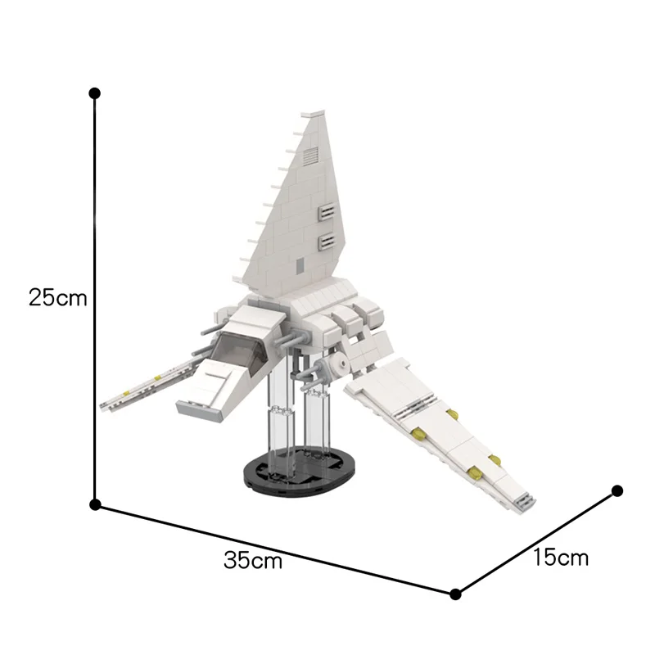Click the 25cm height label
click(x=57, y=296)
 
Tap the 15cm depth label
click(x=561, y=558)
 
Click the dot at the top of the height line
click(x=95, y=93)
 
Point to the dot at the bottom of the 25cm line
click(x=95, y=505)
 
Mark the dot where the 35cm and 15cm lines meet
click(x=456, y=594)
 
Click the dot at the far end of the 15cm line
click(x=617, y=491)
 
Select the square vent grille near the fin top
click(x=311, y=156)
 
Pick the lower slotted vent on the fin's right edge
click(x=327, y=241)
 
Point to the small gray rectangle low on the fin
click(x=300, y=264)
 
